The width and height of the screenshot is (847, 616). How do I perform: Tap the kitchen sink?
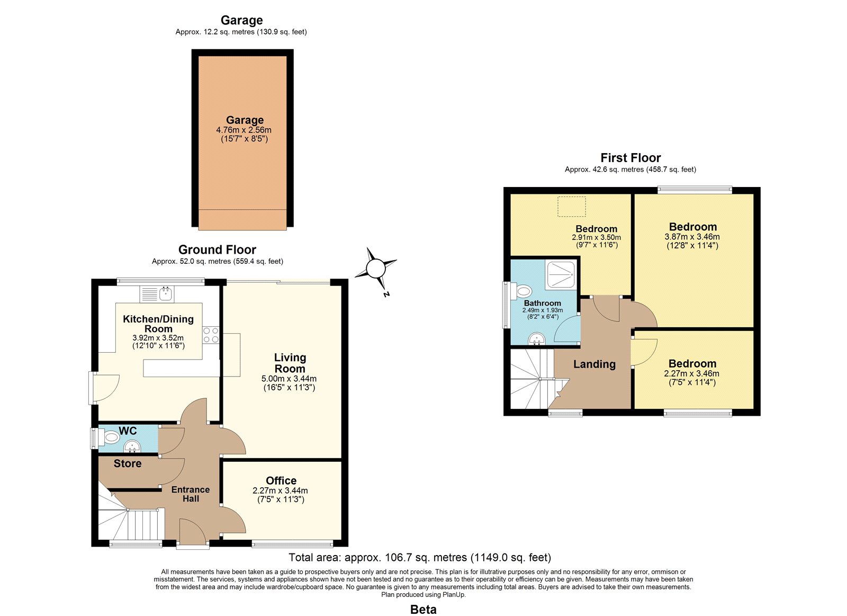[x=157, y=294]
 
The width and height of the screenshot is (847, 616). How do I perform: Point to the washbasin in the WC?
[x=132, y=447]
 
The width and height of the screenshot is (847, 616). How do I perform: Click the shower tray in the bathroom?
[x=561, y=275]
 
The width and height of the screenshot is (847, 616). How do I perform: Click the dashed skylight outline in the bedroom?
[x=571, y=207]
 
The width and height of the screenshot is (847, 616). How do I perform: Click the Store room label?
[x=128, y=463]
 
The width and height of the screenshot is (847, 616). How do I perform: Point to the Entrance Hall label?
[x=191, y=494]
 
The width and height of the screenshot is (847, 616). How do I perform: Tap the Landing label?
[x=594, y=364]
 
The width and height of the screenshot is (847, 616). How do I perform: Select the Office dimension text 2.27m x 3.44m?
[x=280, y=491]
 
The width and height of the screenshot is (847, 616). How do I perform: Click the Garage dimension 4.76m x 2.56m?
[x=244, y=130]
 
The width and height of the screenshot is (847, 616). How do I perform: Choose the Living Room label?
[x=290, y=363]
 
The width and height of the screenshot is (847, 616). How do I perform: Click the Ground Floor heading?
[x=217, y=249]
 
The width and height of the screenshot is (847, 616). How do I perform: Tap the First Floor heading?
[x=630, y=157]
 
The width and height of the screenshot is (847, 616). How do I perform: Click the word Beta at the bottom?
[x=423, y=610]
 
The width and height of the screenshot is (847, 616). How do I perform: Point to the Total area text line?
[x=420, y=557]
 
